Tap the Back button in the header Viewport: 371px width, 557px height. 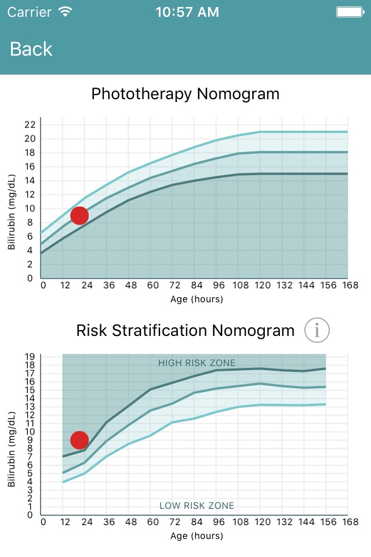point(31,49)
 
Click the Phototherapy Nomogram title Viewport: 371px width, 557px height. point(185,93)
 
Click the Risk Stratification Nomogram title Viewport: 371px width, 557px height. point(185,331)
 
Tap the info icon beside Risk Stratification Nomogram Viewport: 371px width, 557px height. point(317,331)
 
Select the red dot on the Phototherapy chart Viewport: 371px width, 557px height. point(79,216)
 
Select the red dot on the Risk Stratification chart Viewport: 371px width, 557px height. point(79,440)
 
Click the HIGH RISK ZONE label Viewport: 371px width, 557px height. point(197,363)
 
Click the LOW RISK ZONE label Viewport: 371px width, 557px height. point(197,506)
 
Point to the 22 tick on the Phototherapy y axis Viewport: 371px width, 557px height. point(30,125)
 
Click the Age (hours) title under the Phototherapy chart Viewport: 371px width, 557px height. point(197,299)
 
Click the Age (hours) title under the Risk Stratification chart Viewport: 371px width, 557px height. point(197,536)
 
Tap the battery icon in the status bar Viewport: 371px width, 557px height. point(350,12)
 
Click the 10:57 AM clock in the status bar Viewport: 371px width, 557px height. point(187,12)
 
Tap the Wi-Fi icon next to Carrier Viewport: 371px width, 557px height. point(66,12)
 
